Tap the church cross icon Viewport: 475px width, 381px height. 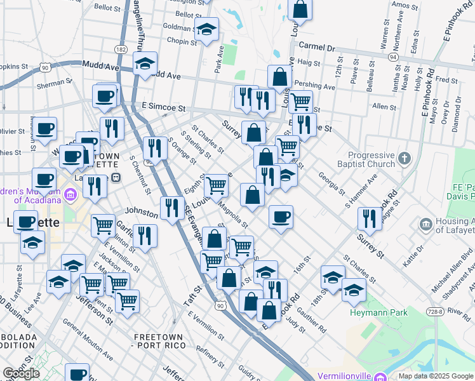tap(404, 157)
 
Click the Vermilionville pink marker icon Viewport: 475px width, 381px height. tap(380, 376)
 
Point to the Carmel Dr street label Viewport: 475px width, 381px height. tap(316, 47)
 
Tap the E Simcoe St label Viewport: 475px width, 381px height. tap(163, 108)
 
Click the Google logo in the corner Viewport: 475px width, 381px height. tap(21, 373)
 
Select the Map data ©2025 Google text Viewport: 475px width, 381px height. tap(435, 376)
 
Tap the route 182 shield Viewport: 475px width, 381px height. tap(121, 49)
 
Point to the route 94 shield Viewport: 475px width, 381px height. tap(394, 57)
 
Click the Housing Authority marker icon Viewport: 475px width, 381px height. tap(425, 224)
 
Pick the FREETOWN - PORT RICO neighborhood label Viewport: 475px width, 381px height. tap(157, 340)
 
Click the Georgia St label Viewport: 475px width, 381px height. tap(331, 184)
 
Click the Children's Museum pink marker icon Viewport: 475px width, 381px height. tap(70, 194)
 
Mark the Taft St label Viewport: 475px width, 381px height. tap(192, 297)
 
